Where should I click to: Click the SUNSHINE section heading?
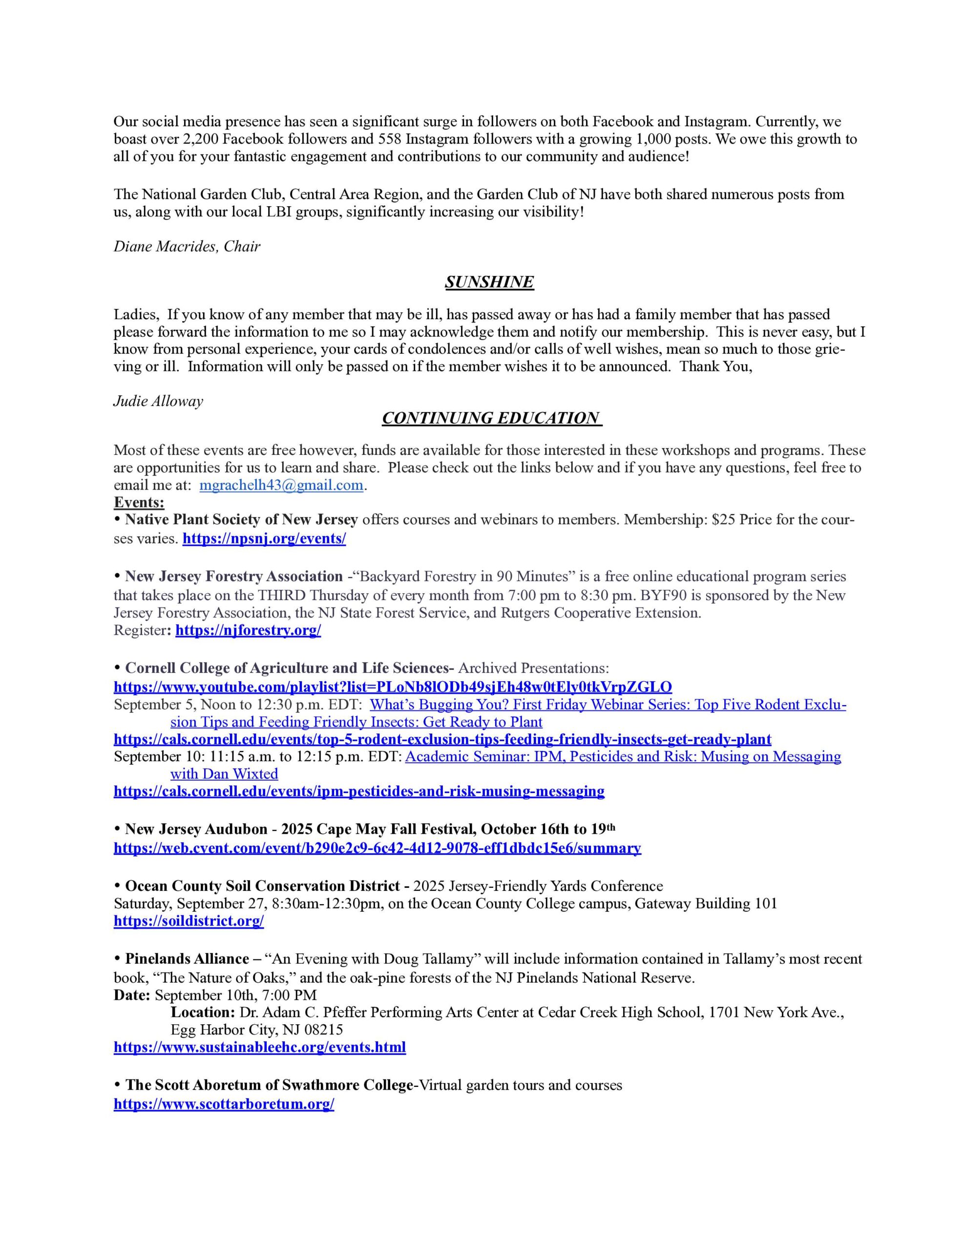click(x=489, y=282)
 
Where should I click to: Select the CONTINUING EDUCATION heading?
click(x=491, y=418)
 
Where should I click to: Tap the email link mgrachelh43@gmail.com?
click(x=281, y=485)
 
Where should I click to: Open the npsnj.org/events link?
click(x=264, y=539)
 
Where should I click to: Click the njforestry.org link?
click(x=248, y=631)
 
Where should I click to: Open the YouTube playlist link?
click(x=393, y=686)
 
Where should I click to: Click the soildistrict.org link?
click(x=189, y=921)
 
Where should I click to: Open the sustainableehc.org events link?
click(x=259, y=1047)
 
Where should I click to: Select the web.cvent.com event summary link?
click(x=378, y=848)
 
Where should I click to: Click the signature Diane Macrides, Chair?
click(x=187, y=246)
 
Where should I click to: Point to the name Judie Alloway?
click(x=158, y=401)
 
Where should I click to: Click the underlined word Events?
click(x=139, y=502)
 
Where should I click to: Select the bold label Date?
click(x=132, y=995)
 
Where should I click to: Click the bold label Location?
click(x=203, y=1012)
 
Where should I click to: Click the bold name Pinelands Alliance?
click(x=187, y=959)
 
